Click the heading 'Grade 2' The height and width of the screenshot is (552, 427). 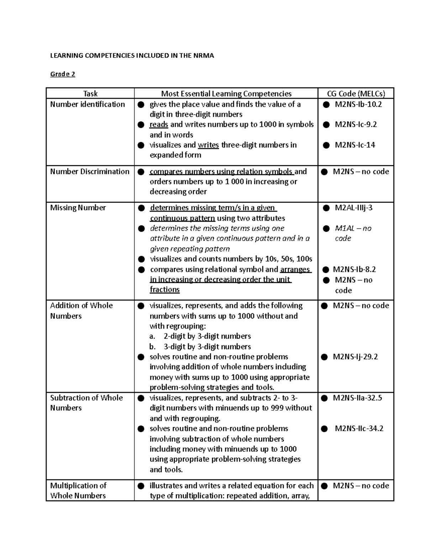click(63, 74)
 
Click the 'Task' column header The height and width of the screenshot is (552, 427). click(90, 94)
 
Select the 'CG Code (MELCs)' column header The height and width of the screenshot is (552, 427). click(356, 94)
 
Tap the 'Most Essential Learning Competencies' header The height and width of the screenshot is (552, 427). click(226, 94)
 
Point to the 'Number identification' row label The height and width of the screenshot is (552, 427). click(88, 104)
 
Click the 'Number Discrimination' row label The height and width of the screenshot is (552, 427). click(90, 172)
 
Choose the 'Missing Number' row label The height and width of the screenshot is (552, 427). click(78, 208)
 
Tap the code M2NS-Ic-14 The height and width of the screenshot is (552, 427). click(355, 145)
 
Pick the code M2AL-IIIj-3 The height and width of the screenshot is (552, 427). click(354, 208)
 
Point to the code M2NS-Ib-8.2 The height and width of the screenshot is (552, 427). click(354, 270)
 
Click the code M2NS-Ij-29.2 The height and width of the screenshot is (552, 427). click(355, 357)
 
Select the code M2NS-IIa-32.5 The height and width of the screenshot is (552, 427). click(357, 398)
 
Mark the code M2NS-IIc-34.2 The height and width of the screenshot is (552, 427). click(359, 429)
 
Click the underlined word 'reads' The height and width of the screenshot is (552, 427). click(159, 125)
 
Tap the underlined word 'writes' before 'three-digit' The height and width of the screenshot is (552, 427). click(208, 145)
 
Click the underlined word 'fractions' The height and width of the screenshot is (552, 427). click(165, 290)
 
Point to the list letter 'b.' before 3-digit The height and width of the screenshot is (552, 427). click(153, 347)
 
